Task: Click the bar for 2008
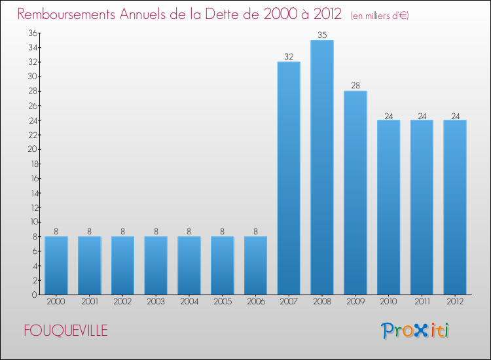pyautogui.click(x=321, y=167)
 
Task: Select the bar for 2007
pyautogui.click(x=289, y=178)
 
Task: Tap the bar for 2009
pyautogui.click(x=355, y=192)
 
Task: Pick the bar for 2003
pyautogui.click(x=156, y=265)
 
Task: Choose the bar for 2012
pyautogui.click(x=454, y=207)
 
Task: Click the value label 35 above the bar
pyautogui.click(x=321, y=35)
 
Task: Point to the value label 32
pyautogui.click(x=289, y=57)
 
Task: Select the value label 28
pyautogui.click(x=355, y=86)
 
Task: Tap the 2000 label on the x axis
pyautogui.click(x=56, y=302)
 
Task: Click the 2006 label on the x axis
pyautogui.click(x=255, y=302)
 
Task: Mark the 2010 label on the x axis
pyautogui.click(x=388, y=302)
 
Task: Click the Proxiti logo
pyautogui.click(x=414, y=331)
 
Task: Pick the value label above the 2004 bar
pyautogui.click(x=189, y=231)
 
